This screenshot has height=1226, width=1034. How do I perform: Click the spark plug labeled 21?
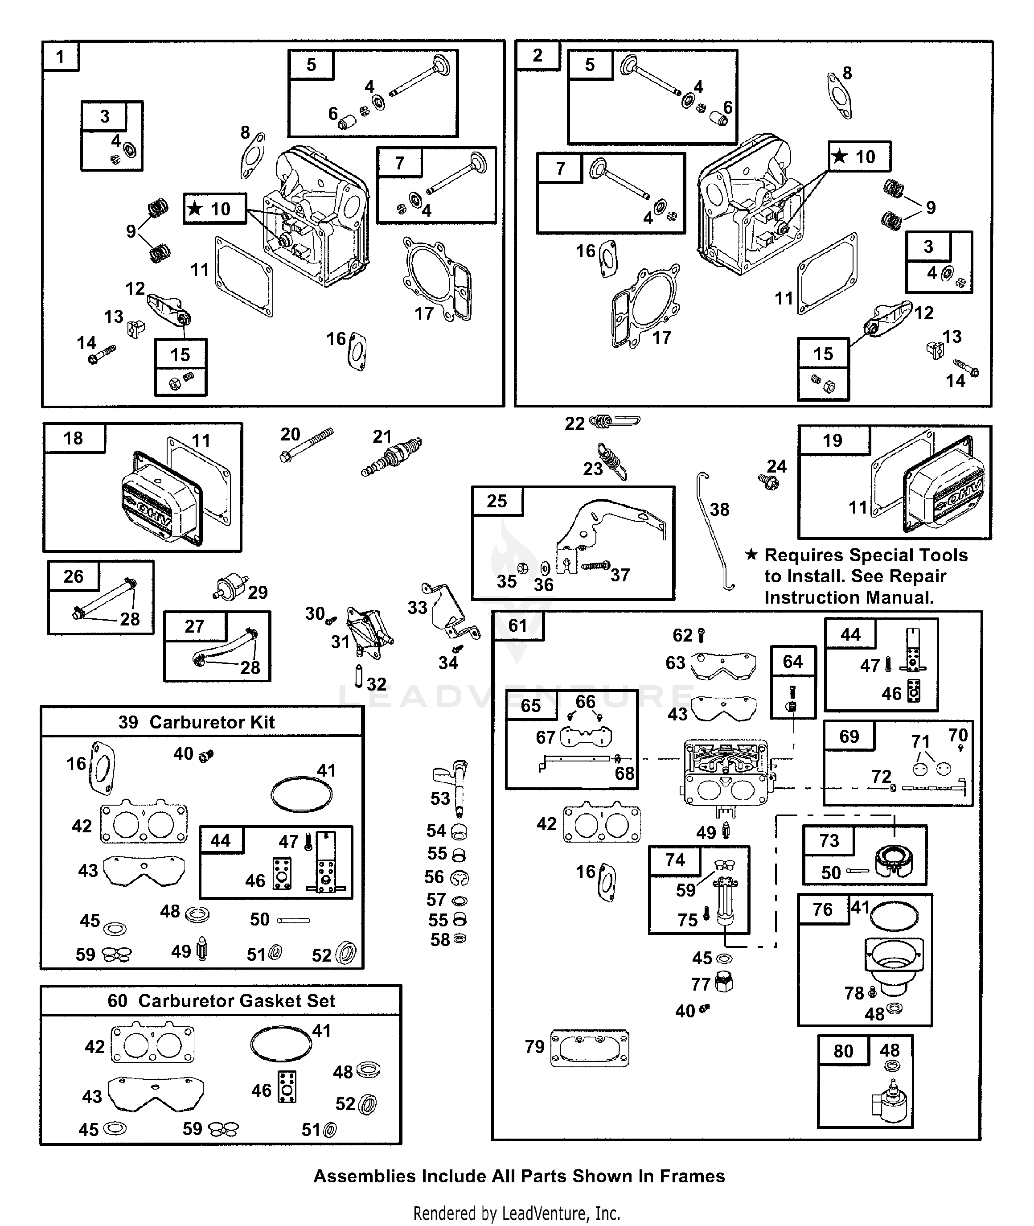392,457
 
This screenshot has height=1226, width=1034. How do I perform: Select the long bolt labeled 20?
307,446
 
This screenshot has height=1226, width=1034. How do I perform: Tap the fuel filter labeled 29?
228,586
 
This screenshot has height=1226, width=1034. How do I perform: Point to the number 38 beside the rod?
719,510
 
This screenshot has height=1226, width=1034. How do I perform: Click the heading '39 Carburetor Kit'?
197,722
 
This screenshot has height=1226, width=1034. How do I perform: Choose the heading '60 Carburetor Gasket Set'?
221,1000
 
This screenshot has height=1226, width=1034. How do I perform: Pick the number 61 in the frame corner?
517,625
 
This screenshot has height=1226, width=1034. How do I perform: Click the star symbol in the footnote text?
751,555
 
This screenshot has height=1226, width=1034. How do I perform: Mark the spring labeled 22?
614,421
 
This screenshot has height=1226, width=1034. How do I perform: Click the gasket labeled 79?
590,1049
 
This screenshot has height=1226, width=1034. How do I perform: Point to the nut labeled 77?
725,982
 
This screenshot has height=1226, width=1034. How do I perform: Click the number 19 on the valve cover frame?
833,440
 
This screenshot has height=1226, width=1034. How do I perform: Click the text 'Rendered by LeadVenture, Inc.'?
517,1213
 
